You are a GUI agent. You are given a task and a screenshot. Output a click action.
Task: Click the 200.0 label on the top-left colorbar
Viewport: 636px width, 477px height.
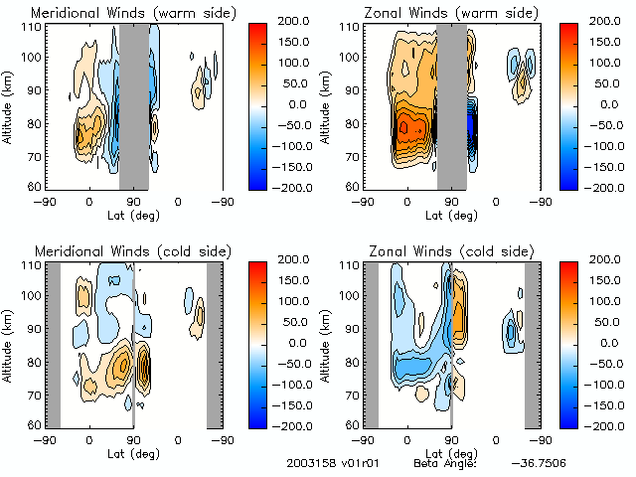click(295, 20)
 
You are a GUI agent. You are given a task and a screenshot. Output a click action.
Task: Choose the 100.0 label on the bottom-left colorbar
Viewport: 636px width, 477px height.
click(295, 300)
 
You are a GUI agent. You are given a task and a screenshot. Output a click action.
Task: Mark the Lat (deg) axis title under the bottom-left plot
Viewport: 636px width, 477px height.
click(134, 450)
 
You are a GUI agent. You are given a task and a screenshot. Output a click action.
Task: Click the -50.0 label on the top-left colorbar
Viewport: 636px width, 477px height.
click(295, 124)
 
